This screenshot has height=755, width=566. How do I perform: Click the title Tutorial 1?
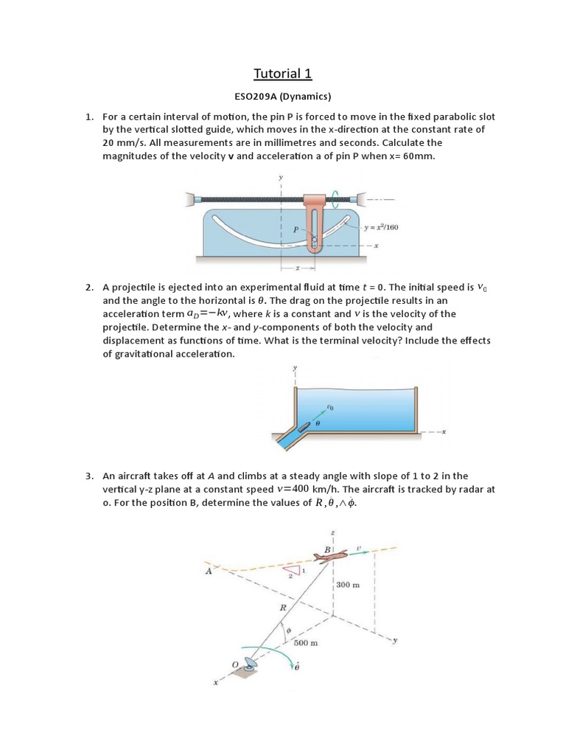[x=283, y=73]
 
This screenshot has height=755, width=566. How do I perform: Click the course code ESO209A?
[x=257, y=96]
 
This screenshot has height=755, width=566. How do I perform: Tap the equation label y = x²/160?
[x=382, y=227]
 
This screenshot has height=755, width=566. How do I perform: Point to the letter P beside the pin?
[x=296, y=230]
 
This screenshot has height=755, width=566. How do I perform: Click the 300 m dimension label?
[x=348, y=585]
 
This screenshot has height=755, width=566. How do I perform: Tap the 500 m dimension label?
[x=305, y=643]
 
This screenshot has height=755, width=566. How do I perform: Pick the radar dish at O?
[x=251, y=665]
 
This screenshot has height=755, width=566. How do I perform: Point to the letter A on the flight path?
[x=209, y=570]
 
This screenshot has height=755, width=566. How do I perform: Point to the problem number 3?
[x=89, y=476]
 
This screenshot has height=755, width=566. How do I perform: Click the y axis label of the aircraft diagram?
[x=394, y=641]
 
